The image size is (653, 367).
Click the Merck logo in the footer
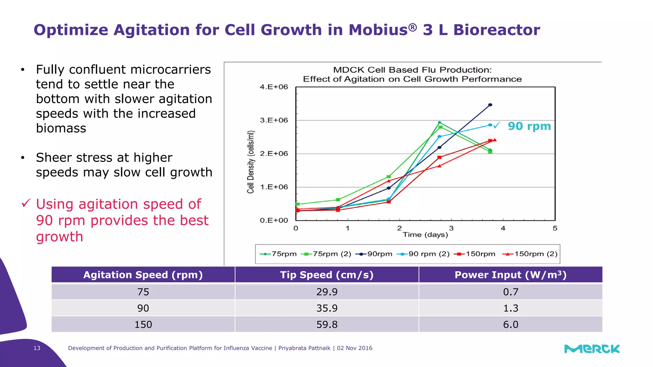592,349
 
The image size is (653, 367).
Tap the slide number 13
37,348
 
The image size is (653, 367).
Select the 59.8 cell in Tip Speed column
327,324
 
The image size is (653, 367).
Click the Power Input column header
510,275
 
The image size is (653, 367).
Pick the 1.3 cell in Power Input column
510,308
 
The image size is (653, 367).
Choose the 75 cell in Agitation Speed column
143,292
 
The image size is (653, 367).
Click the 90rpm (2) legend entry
423,254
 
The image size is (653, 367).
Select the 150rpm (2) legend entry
530,254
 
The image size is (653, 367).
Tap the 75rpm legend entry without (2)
278,254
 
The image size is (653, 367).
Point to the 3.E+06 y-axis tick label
274,120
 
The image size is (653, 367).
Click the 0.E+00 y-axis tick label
274,220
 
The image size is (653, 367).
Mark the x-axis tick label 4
503,228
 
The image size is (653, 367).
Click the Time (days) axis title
425,235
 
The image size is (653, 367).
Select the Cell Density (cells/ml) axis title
251,162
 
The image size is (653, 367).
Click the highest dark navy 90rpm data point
490,105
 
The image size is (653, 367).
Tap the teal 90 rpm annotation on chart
529,126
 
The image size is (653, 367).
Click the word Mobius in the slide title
378,30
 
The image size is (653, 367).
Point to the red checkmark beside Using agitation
26,203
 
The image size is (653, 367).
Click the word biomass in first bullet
61,128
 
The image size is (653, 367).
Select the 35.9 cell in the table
327,308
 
